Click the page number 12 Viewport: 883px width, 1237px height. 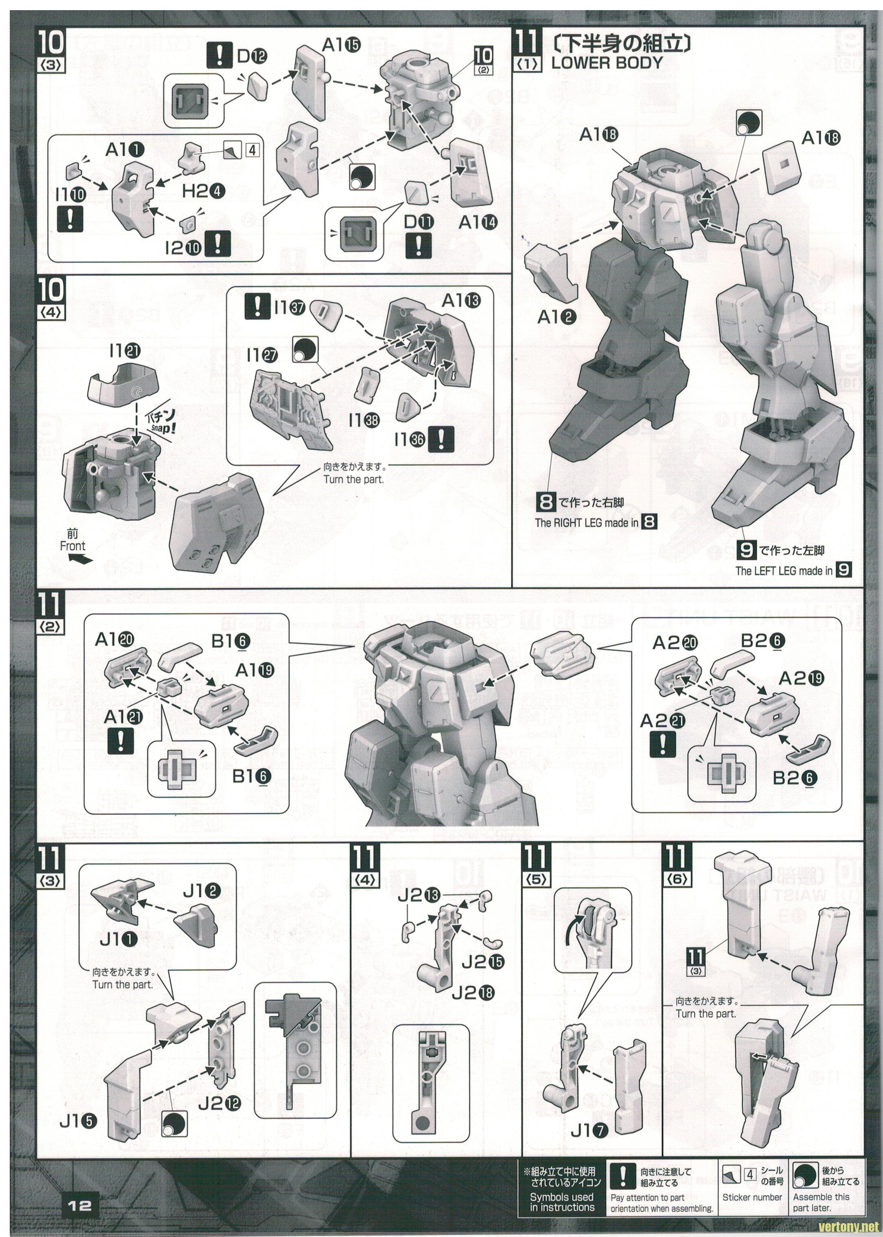(x=79, y=1205)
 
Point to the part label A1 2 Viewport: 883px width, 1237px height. (x=557, y=316)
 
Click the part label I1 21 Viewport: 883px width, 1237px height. (x=125, y=352)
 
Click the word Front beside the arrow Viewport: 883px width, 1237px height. (x=73, y=546)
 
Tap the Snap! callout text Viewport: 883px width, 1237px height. (x=163, y=427)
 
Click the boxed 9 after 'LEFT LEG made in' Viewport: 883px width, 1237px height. (x=844, y=570)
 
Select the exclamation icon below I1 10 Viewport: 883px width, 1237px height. (x=70, y=218)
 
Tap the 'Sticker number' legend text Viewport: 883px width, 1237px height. (x=752, y=1197)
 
